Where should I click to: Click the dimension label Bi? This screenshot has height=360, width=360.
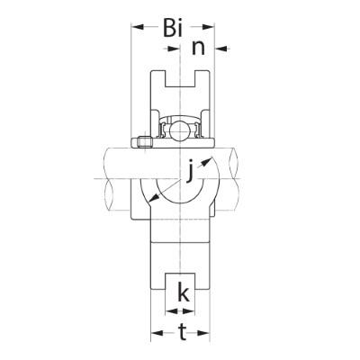pos(173,28)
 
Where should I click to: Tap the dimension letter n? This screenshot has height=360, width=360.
pos(198,48)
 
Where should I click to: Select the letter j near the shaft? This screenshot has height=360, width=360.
pos(189,171)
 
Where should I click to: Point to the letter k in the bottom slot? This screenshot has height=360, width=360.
pos(184,292)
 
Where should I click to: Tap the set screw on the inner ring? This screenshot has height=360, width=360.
pos(144,142)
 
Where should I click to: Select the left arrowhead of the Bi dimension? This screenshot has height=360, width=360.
pos(138,27)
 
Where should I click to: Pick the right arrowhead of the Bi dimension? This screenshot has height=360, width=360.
pos(208,27)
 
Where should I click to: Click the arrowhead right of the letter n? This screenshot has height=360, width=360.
pos(221,48)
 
